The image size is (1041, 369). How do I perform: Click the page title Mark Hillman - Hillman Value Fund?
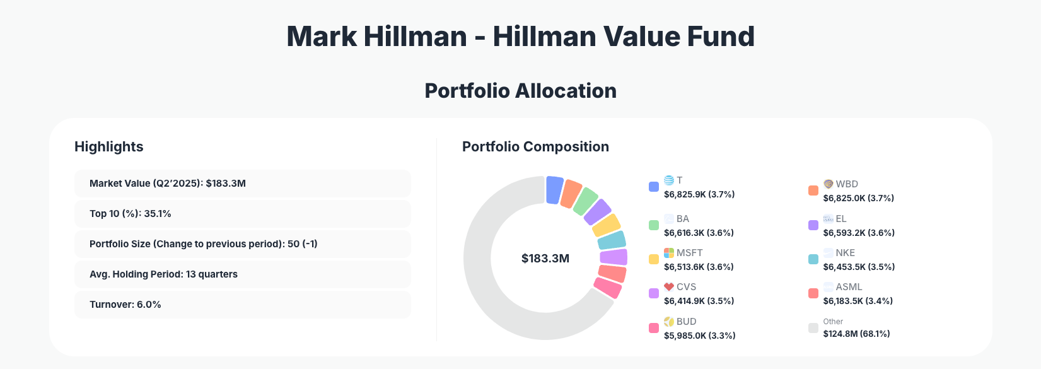(520, 37)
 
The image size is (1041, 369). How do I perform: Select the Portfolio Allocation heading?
(520, 91)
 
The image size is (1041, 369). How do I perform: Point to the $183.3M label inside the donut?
(545, 259)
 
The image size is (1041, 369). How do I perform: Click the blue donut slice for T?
(554, 190)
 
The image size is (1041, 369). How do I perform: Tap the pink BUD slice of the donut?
(608, 288)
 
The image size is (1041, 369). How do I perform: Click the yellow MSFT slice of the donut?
(607, 225)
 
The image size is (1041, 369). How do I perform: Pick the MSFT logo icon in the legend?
(669, 253)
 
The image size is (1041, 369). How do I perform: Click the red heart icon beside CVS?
(669, 287)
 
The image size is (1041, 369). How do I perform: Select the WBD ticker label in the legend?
(847, 184)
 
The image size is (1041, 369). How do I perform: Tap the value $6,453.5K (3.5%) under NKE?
(859, 267)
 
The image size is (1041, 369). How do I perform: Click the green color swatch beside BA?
(654, 225)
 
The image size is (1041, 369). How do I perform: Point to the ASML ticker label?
(849, 287)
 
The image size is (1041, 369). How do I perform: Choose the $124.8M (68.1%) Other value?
(856, 334)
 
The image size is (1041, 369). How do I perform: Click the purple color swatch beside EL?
(813, 225)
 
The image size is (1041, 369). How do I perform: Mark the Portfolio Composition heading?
(535, 147)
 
